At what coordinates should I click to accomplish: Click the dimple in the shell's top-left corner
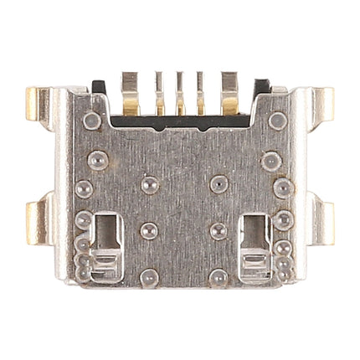[93, 121]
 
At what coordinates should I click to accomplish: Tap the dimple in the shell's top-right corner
[277, 121]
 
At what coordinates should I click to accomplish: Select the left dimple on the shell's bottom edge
[149, 276]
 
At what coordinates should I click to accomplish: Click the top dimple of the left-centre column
[149, 183]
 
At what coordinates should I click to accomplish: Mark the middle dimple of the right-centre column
[218, 229]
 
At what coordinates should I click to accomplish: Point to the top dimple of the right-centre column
[218, 183]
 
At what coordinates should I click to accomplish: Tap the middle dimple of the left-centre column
[149, 229]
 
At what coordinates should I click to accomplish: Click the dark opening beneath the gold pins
[180, 121]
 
